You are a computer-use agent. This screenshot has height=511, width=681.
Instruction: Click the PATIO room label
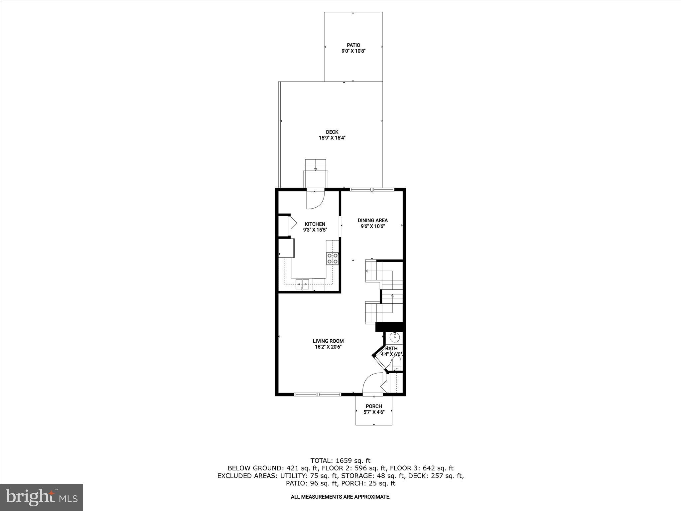tap(353, 45)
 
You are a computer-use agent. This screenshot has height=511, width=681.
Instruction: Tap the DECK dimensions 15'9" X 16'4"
tap(332, 138)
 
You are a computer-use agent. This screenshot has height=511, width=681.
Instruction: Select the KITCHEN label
tap(315, 224)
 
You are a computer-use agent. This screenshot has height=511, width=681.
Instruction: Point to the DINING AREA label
tap(372, 220)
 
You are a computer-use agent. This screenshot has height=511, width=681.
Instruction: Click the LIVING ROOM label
tap(328, 341)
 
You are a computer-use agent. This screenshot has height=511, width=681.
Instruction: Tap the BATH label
tap(391, 349)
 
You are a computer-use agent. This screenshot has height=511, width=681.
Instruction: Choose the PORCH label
tap(374, 406)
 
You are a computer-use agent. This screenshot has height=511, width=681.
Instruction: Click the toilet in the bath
tap(396, 363)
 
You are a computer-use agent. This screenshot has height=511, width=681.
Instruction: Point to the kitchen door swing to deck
tap(315, 200)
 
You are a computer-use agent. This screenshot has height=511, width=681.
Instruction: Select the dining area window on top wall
tap(372, 190)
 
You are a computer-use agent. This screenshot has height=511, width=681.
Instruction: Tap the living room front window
tap(318, 395)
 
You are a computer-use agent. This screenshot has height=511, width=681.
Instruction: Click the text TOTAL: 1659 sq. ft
tap(340, 461)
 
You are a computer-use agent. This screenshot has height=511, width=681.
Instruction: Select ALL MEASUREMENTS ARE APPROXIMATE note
tap(340, 497)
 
